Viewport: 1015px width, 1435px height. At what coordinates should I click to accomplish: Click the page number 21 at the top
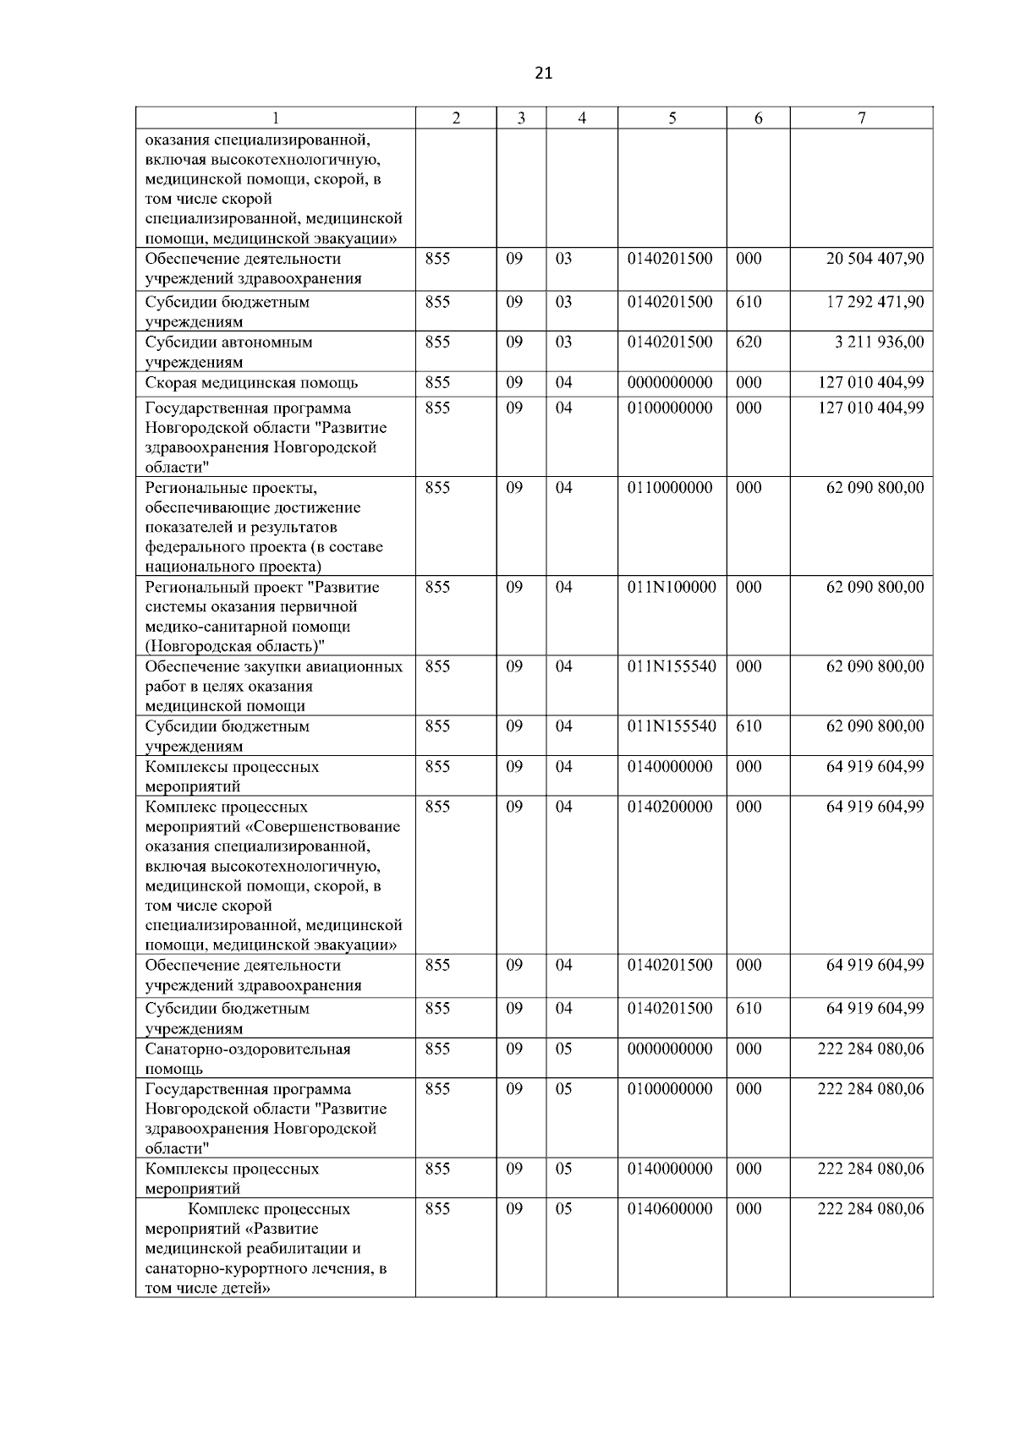coord(543,73)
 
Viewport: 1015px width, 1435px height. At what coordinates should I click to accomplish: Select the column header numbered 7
coord(861,118)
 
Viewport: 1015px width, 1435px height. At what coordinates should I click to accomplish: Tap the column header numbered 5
coord(672,118)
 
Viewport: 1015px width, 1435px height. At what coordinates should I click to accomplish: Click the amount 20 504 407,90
coord(875,259)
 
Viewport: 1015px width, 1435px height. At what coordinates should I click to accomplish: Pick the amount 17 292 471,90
coord(875,302)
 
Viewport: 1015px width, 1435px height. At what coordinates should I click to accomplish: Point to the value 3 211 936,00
coord(880,342)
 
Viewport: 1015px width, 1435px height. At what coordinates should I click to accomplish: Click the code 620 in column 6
coord(749,342)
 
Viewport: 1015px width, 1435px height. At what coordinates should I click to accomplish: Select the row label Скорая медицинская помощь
coord(251,383)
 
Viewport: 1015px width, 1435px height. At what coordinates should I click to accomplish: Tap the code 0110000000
coord(670,488)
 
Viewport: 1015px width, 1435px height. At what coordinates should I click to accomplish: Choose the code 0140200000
coord(670,807)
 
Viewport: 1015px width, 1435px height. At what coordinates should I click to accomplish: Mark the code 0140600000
coord(670,1209)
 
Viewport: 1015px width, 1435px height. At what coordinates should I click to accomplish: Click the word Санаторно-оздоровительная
coord(248,1049)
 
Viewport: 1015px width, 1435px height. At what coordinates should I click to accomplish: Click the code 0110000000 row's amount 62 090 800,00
coord(875,488)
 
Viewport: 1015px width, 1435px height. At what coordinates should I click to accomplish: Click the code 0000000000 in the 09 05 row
coord(670,1049)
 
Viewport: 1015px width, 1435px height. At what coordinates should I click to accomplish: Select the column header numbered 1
coord(276,118)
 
